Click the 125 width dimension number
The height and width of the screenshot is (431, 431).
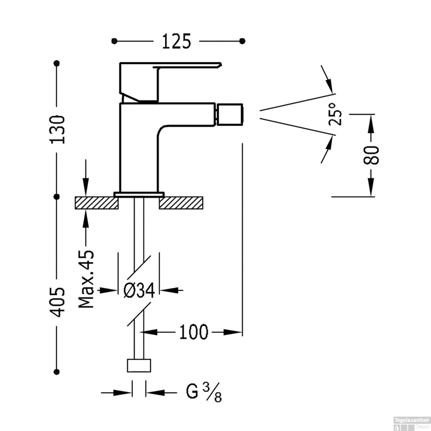(176, 41)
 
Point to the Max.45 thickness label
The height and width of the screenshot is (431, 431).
(86, 279)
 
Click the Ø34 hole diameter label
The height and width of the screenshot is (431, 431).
(139, 291)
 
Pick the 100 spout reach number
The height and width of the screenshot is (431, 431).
(193, 332)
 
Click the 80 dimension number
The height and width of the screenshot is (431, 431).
(371, 155)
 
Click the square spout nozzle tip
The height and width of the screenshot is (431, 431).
(230, 115)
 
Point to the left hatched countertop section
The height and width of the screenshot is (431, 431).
(97, 203)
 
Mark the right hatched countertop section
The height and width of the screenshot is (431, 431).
(181, 203)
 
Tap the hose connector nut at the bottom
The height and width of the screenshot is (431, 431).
(139, 365)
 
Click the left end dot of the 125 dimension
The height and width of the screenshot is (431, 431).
(114, 41)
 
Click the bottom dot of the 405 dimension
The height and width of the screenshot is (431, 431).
(57, 371)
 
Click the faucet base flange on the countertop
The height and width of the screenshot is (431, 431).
(139, 194)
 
